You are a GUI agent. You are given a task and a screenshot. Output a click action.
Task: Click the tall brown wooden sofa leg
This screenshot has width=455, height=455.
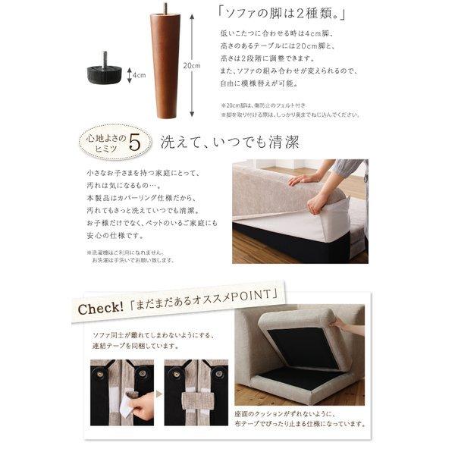[x=166, y=68]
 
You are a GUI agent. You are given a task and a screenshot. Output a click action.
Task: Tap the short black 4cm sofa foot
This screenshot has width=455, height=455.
[x=105, y=74]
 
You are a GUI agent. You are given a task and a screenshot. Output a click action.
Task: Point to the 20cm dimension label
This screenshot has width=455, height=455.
[x=192, y=65]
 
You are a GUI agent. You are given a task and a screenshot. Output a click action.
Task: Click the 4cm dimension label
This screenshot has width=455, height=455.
[x=139, y=75]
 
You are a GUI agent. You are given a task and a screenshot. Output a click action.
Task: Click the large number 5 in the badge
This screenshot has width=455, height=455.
[x=134, y=142]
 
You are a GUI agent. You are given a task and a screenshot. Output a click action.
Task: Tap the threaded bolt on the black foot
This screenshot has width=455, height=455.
[x=105, y=58]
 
